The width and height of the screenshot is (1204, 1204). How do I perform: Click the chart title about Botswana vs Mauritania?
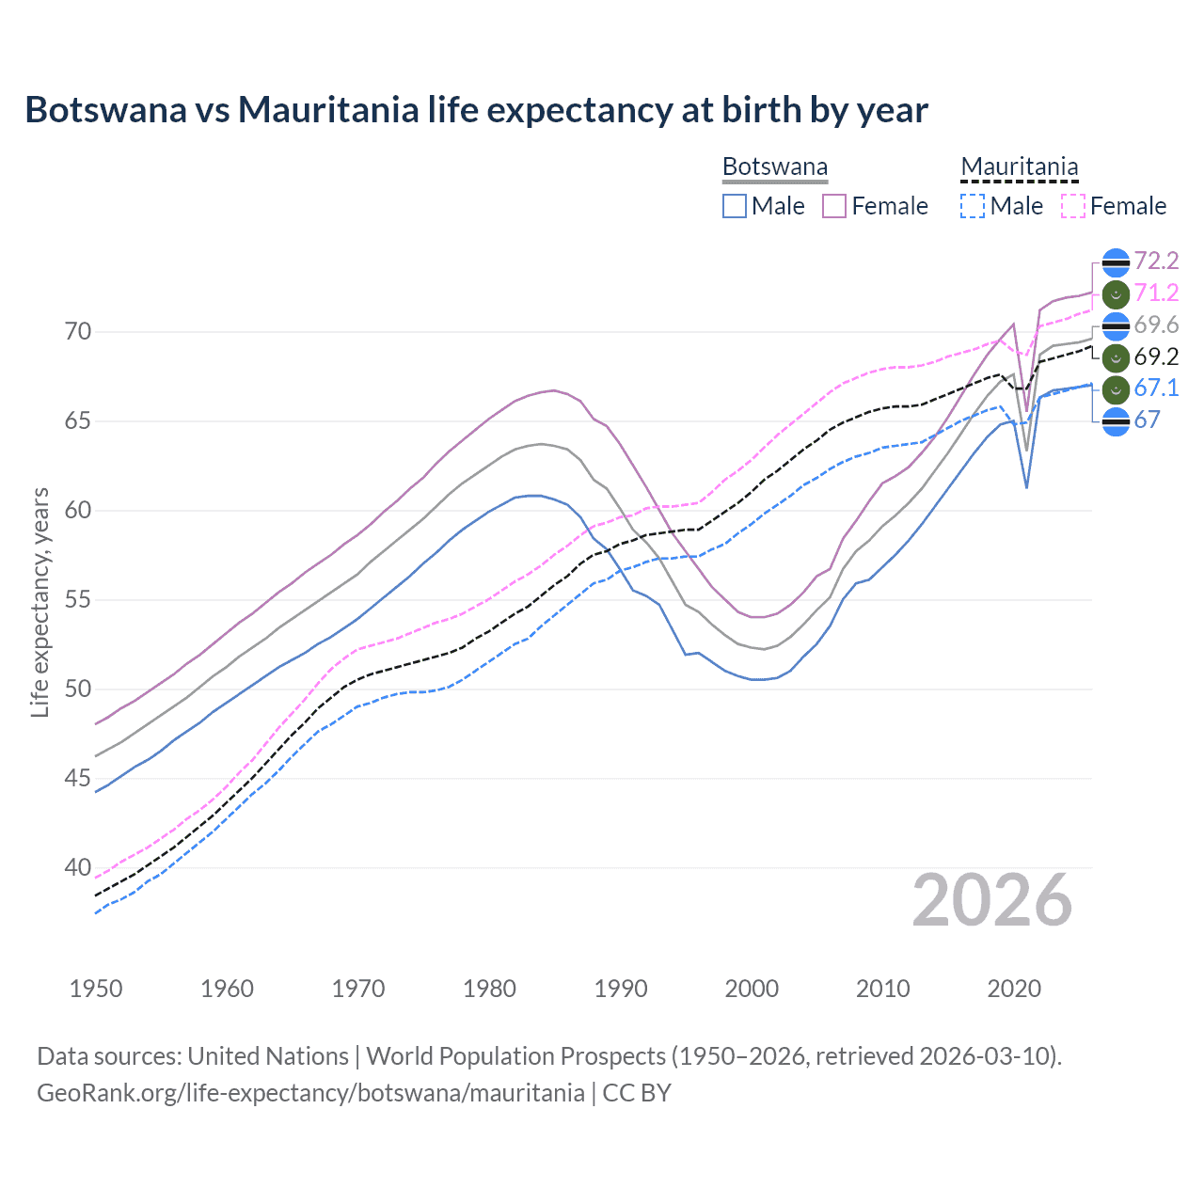[476, 110]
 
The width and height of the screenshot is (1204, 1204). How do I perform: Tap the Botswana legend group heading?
[774, 166]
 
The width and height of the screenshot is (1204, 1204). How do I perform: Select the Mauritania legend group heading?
[1019, 166]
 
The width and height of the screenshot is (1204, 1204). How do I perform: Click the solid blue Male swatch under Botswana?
[735, 206]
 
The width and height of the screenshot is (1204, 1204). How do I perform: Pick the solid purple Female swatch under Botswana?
[834, 206]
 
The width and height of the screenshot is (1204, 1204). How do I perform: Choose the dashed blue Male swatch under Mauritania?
[973, 206]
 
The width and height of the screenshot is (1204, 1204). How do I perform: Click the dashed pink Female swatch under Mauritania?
[1073, 206]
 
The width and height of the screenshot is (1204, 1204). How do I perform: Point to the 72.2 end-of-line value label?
[1156, 261]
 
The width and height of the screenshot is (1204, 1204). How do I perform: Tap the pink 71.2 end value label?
[1156, 293]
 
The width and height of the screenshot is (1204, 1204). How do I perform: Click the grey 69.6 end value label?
[1156, 325]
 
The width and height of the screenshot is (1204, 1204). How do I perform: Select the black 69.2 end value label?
[1156, 357]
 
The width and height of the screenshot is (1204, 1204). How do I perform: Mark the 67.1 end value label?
[1156, 388]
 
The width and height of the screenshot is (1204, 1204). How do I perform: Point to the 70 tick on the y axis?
[78, 332]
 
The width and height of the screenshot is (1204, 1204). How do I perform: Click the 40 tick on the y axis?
[78, 868]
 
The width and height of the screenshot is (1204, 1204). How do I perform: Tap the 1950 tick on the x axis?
[96, 989]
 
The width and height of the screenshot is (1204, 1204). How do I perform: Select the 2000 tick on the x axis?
[752, 989]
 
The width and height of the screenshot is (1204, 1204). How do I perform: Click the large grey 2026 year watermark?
[992, 901]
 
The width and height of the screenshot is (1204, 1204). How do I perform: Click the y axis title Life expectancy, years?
[40, 602]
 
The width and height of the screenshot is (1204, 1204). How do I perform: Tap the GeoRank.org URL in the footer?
[310, 1093]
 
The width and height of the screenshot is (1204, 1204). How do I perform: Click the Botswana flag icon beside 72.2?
[1115, 262]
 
